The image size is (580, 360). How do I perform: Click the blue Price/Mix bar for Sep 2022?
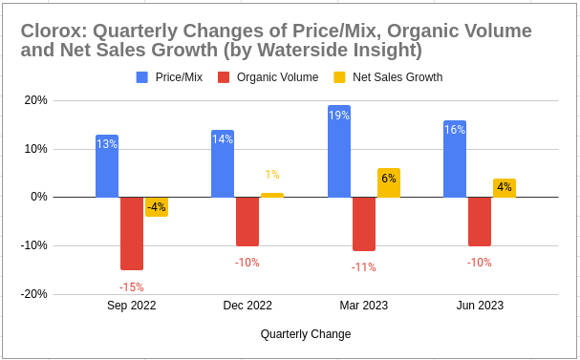(107, 166)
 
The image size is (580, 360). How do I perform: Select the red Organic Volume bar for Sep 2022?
(132, 233)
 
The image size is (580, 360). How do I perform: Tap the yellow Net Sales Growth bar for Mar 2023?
(389, 182)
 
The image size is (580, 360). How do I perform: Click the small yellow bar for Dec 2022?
(272, 195)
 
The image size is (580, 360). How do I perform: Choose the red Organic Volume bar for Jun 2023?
(480, 222)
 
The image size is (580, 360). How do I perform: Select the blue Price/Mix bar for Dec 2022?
(223, 163)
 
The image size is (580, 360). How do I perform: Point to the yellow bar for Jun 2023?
(505, 188)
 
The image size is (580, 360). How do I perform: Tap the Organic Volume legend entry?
(271, 76)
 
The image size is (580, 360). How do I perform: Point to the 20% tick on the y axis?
(35, 100)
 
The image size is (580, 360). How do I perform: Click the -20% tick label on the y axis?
(33, 294)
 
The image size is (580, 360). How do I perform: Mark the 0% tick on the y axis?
(38, 198)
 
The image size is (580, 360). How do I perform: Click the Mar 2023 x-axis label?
(363, 306)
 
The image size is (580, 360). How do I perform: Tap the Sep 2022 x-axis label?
(131, 306)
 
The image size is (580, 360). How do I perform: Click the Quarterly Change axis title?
(305, 334)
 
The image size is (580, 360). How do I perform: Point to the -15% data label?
(131, 286)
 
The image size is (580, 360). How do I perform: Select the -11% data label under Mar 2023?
(363, 267)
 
